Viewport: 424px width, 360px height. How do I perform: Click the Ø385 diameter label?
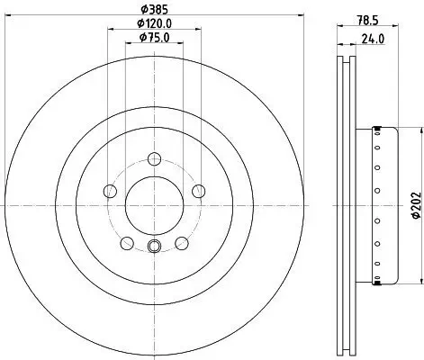[154, 10]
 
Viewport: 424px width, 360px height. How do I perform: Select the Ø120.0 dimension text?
[154, 22]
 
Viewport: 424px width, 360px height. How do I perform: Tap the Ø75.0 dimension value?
[154, 37]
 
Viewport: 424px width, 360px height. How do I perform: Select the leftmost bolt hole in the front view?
[110, 190]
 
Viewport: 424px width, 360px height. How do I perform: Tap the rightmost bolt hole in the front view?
[198, 190]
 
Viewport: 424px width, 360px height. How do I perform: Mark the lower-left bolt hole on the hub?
[127, 242]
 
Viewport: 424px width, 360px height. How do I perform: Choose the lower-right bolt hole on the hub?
[182, 242]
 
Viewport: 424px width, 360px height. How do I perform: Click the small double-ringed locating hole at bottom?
[154, 248]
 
